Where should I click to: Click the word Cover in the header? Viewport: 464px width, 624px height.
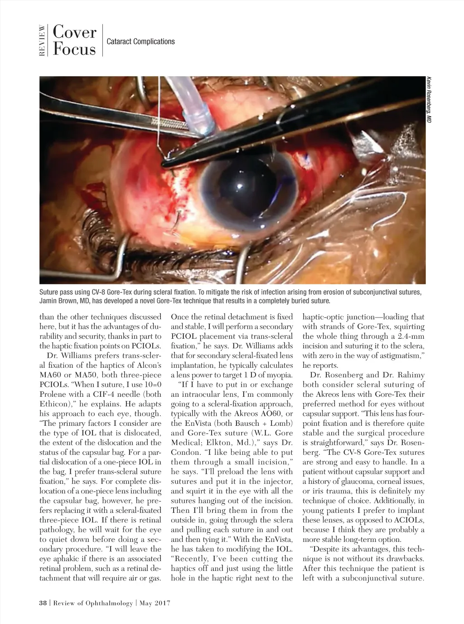click(74, 33)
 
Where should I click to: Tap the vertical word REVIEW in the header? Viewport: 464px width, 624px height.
click(42, 41)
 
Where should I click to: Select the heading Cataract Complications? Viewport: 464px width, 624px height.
click(140, 41)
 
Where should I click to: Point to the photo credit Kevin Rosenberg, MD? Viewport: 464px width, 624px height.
click(428, 99)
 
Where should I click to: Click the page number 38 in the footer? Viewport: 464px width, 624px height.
click(43, 603)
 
